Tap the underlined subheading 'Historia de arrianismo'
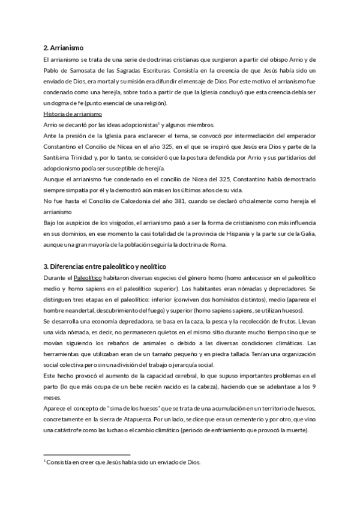coord(73,114)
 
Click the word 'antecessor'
coord(245,277)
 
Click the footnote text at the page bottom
coord(123,462)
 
